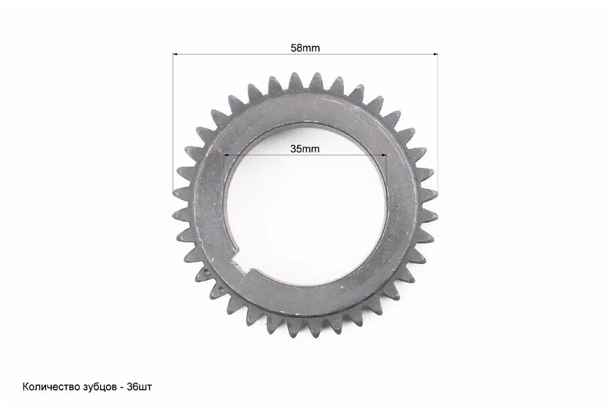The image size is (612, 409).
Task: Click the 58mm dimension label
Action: click(305, 48)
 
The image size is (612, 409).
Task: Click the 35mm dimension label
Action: click(305, 149)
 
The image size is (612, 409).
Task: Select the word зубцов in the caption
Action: click(100, 387)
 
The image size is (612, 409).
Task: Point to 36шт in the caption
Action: click(139, 387)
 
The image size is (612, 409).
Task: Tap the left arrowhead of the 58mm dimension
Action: click(175, 54)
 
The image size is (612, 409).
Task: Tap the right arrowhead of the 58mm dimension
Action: click(435, 54)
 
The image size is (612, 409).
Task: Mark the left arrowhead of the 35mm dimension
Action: click(226, 155)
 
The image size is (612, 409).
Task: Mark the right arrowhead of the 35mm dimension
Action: click(383, 155)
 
